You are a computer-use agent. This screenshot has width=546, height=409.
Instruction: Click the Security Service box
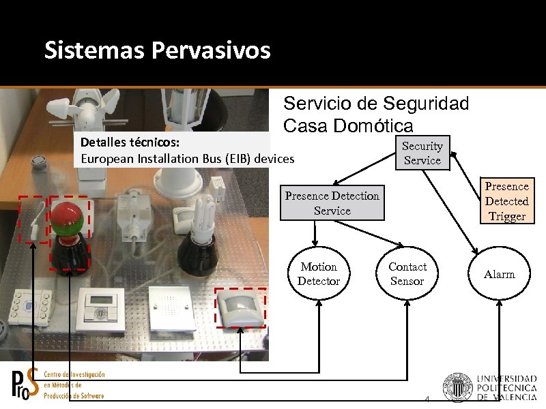point(422,153)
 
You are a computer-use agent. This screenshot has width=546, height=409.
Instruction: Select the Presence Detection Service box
point(332,203)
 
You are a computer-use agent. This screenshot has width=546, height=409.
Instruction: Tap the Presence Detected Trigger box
point(506,201)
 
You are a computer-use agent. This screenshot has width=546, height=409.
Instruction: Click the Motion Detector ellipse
point(318,274)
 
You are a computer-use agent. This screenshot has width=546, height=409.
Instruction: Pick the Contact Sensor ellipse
point(407,274)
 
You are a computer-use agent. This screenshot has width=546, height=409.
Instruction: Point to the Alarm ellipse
point(499,274)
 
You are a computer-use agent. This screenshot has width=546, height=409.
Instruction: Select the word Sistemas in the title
point(95,50)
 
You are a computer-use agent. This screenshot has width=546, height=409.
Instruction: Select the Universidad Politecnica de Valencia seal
point(457,387)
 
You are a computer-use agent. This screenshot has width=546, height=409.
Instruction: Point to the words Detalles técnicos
point(130,144)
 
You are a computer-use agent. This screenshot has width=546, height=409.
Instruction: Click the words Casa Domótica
point(348,126)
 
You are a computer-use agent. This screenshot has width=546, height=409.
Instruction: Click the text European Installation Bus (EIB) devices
point(188,159)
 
